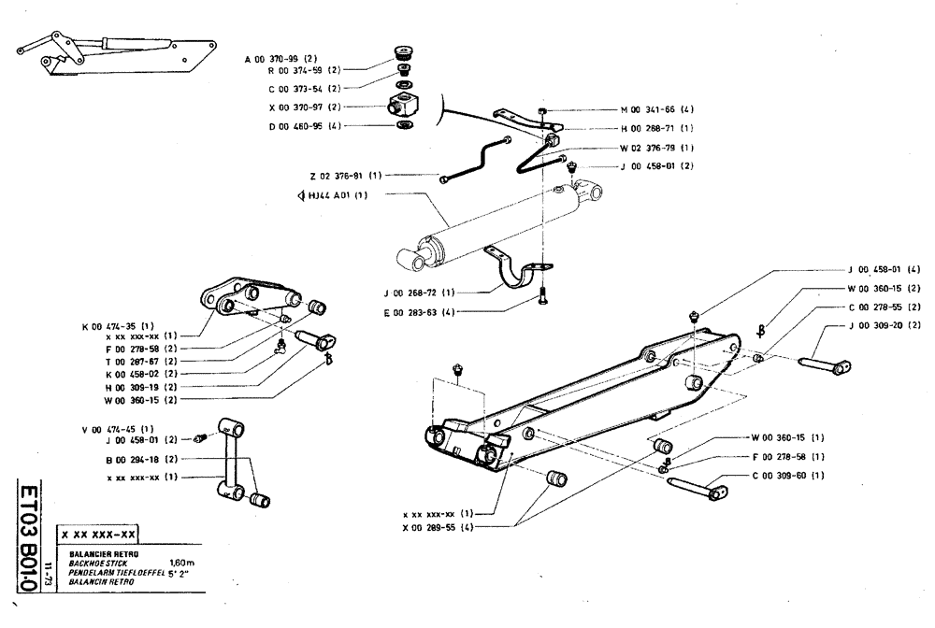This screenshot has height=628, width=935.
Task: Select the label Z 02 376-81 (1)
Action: point(344,176)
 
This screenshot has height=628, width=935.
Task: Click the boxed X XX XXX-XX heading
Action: point(98,535)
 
